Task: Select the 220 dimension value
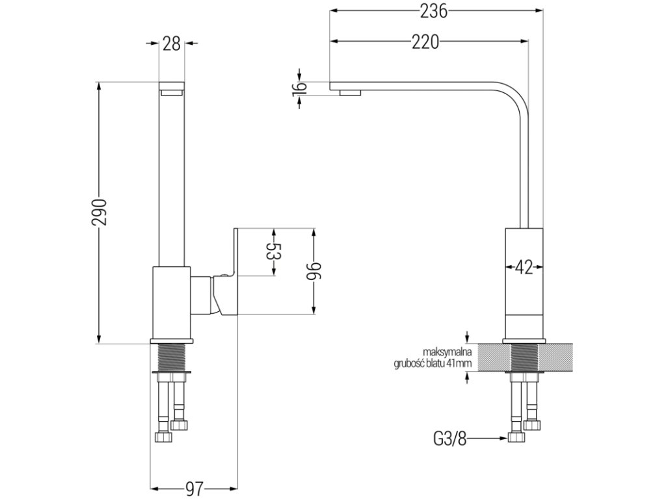(x=425, y=43)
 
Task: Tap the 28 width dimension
(x=172, y=44)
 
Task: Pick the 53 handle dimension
(x=273, y=252)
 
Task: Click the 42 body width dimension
(x=524, y=266)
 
